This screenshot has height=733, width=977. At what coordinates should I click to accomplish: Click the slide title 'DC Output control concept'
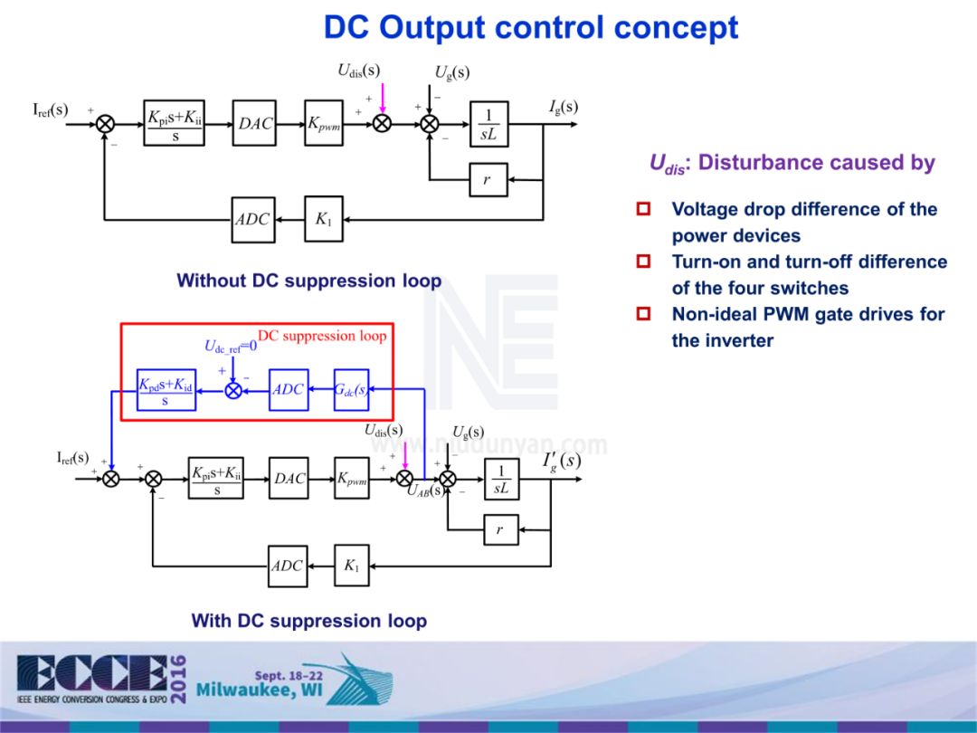tap(531, 28)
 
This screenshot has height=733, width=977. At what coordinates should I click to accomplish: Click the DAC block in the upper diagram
tap(256, 124)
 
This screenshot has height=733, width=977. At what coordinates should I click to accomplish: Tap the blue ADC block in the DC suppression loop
tap(289, 390)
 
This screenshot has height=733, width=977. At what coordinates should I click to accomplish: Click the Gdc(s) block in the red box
tap(350, 390)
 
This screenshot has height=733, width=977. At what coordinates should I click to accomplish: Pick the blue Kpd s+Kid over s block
tap(166, 390)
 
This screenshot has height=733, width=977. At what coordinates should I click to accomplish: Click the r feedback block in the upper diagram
tap(488, 180)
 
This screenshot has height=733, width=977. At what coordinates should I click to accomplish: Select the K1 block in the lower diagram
tap(352, 566)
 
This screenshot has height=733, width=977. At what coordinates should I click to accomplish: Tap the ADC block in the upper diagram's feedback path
tap(252, 219)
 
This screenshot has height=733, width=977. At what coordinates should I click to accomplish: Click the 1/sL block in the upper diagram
tap(488, 124)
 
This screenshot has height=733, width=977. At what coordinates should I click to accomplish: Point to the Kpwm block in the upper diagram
tap(324, 124)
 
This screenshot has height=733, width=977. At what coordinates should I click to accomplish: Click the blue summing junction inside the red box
tap(233, 390)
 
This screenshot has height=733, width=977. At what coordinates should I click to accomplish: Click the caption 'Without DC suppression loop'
tap(309, 281)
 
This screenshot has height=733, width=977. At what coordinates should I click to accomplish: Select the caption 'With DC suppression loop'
tap(308, 621)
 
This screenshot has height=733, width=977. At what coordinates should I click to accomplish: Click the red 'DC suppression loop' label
tap(322, 336)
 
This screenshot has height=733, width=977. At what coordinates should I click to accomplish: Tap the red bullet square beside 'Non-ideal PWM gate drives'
tap(644, 314)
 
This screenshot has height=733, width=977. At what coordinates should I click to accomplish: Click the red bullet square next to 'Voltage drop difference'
tap(644, 209)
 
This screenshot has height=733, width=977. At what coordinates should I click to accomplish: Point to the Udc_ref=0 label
tap(231, 345)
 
